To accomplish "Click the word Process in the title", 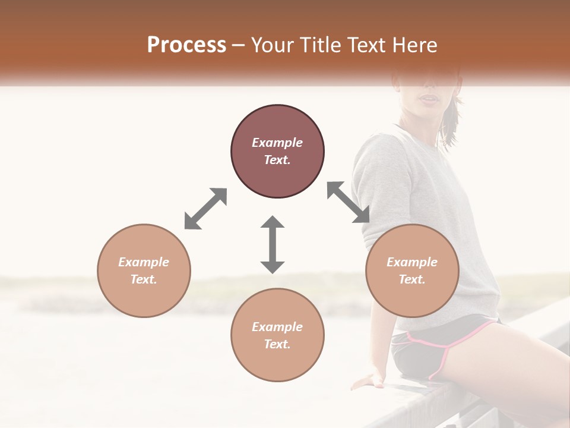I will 186,45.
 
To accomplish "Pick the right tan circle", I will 412,297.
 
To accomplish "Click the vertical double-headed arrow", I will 273,244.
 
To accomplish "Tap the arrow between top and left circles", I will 205,209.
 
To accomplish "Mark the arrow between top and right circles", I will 349,202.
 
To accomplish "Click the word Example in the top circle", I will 277,143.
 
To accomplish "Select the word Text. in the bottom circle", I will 277,344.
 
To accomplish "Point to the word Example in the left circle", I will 144,262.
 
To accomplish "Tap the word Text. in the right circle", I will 412,279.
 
